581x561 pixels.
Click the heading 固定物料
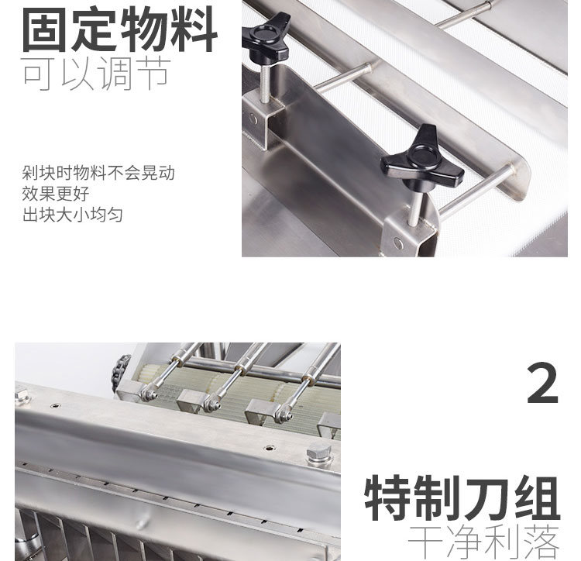click(x=119, y=29)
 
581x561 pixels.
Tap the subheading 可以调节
click(x=96, y=74)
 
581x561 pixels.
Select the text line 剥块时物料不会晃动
click(x=98, y=173)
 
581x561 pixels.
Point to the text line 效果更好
click(x=56, y=194)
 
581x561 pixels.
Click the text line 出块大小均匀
click(x=73, y=215)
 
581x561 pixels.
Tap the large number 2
click(x=542, y=384)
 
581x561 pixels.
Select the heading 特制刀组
click(x=462, y=498)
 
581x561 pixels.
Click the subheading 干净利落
click(x=483, y=542)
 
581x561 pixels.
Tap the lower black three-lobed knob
click(x=422, y=160)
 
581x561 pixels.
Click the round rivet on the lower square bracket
click(x=398, y=243)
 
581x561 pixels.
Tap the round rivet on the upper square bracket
click(x=253, y=119)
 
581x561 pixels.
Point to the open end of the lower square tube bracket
click(x=427, y=241)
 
